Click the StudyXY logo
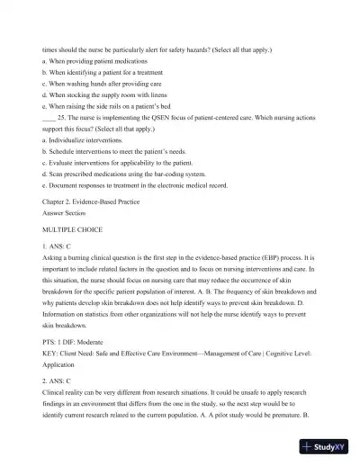(x=326, y=447)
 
